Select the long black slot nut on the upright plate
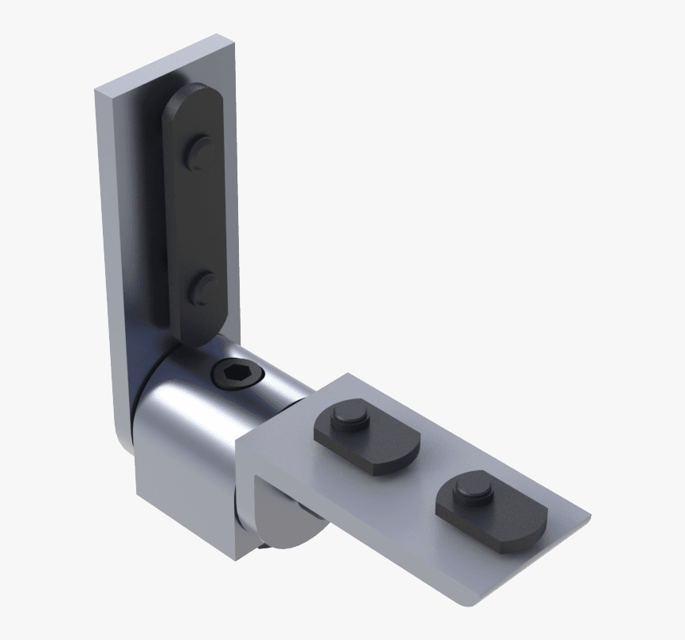coord(195,215)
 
